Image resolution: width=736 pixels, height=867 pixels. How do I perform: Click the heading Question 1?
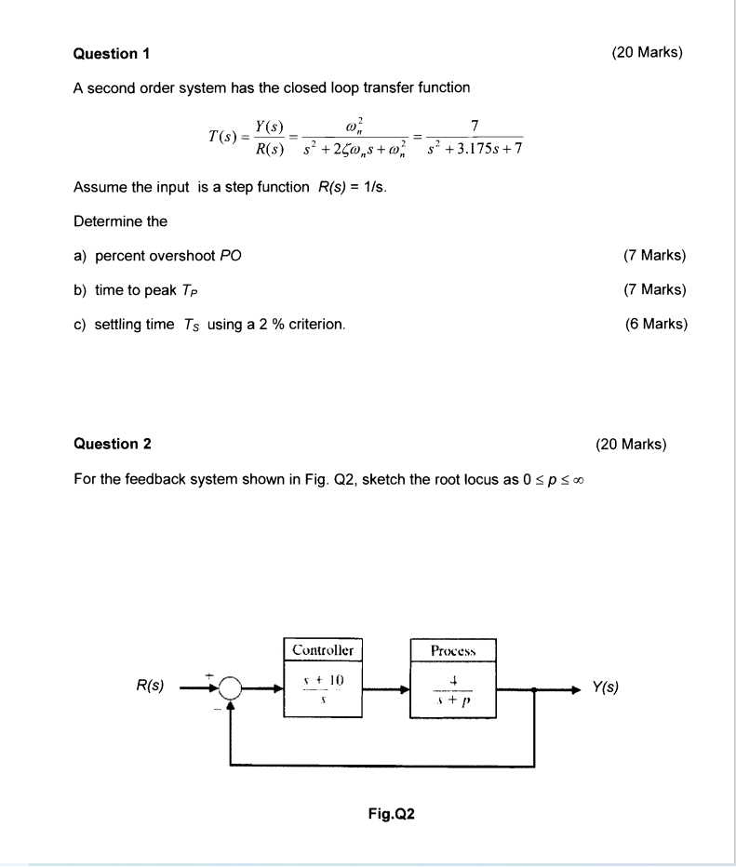coord(112,53)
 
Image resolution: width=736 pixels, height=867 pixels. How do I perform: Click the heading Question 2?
coord(112,444)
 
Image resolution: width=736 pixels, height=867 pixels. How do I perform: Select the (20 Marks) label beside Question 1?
coord(648,53)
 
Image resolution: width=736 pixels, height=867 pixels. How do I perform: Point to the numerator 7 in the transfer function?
coord(475,126)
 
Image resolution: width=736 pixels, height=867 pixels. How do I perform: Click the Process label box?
coord(453,648)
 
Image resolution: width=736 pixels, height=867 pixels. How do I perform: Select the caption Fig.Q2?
coord(391,815)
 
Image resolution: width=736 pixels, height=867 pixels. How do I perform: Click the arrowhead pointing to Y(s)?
coord(575,690)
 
